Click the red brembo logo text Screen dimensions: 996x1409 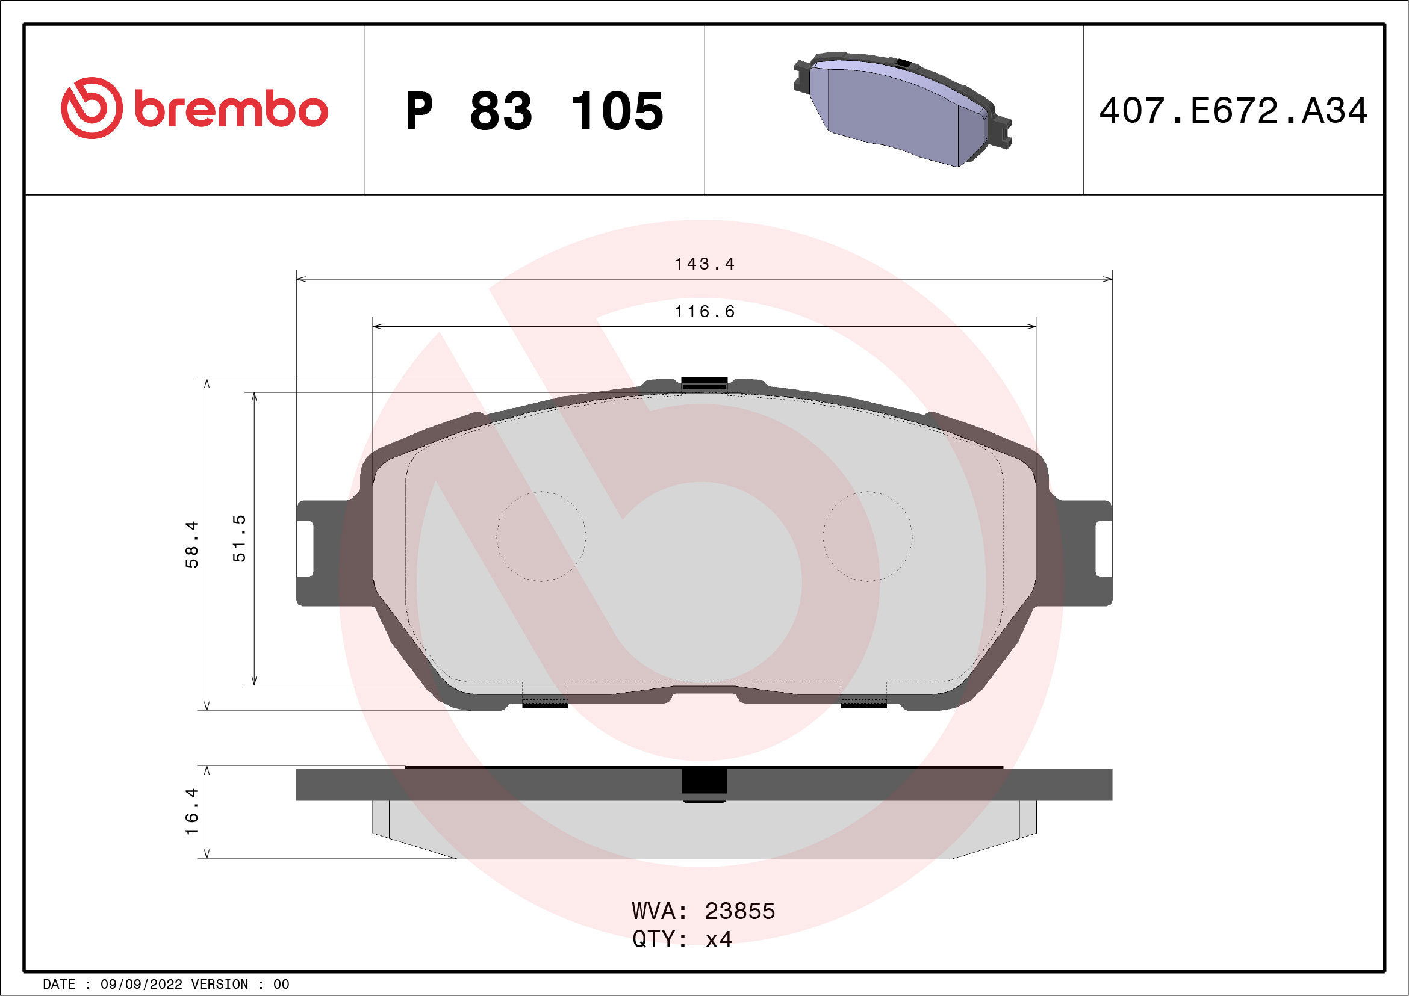pos(230,110)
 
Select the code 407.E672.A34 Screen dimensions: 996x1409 pos(1233,111)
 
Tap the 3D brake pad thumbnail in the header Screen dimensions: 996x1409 pos(902,109)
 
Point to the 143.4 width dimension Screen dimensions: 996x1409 pos(704,264)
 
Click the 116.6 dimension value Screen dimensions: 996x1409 pos(704,312)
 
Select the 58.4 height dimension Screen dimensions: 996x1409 pos(192,544)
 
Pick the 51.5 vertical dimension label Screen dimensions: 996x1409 pos(239,538)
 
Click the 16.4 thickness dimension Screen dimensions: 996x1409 pos(192,811)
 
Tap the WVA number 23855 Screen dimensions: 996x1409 pos(739,911)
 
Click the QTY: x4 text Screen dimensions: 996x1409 pos(682,939)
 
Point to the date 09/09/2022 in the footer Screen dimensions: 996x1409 pos(141,985)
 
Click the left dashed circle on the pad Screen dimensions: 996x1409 pos(541,536)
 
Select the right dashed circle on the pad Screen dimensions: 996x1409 pos(867,536)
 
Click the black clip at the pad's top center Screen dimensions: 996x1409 pos(704,384)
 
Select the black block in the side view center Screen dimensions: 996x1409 pos(704,784)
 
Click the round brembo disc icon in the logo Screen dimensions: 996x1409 pos(92,108)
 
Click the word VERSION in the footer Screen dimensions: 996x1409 pos(220,985)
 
